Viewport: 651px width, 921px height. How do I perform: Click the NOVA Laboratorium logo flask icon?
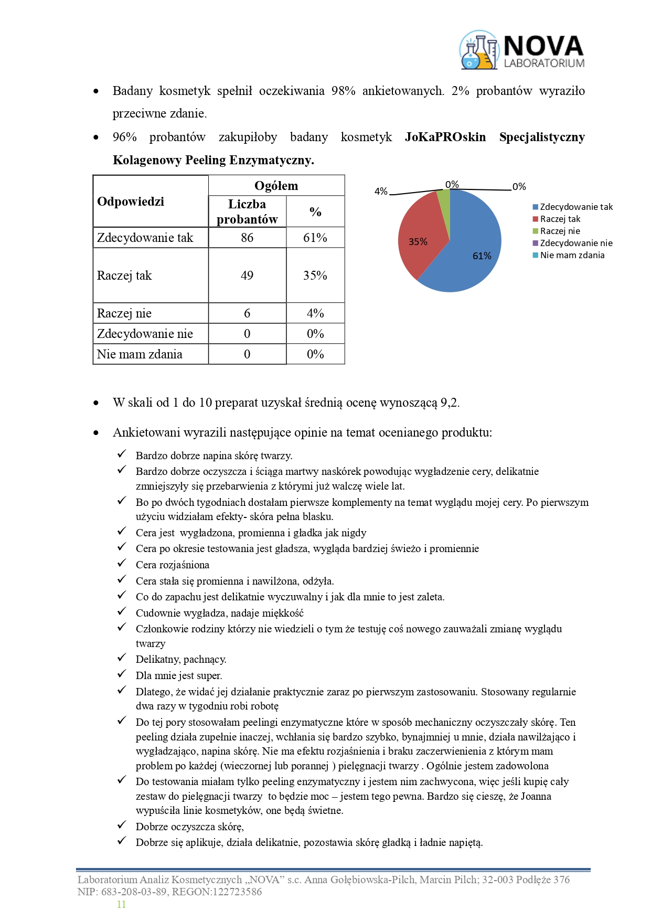click(x=478, y=50)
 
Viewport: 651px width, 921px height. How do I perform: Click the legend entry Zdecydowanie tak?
click(x=576, y=207)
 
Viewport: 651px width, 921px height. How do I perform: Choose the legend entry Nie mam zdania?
click(x=572, y=255)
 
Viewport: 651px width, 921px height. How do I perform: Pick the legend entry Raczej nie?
click(x=560, y=231)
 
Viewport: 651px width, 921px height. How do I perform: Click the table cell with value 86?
click(x=247, y=238)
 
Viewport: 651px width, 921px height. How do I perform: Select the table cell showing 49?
click(x=247, y=276)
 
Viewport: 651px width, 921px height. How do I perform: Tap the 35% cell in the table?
click(x=315, y=276)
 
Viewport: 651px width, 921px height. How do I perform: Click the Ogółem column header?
click(x=276, y=186)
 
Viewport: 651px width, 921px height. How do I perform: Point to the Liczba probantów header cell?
click(x=247, y=211)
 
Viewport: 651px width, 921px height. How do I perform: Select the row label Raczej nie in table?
click(x=124, y=313)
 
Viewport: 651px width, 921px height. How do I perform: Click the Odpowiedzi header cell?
click(x=131, y=202)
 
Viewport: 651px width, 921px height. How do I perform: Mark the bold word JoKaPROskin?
click(x=445, y=137)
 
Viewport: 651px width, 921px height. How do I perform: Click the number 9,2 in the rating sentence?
click(x=450, y=403)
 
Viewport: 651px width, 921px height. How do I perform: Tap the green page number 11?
click(x=121, y=904)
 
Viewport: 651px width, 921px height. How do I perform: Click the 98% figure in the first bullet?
click(x=343, y=91)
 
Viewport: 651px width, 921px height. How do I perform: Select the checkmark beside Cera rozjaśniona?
click(x=122, y=564)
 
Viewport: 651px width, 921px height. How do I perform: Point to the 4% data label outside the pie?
click(x=381, y=192)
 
